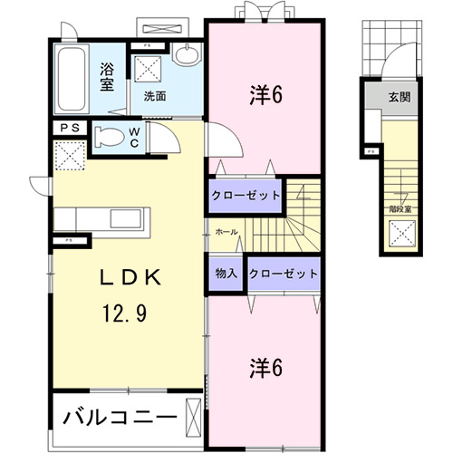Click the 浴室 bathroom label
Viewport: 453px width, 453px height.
(x=107, y=74)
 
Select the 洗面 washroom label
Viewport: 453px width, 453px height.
(x=153, y=95)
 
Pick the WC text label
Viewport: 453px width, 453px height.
(x=134, y=137)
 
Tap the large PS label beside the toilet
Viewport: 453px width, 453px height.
(x=70, y=130)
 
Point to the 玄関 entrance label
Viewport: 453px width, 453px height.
(x=399, y=97)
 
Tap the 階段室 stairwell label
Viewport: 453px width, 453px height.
(x=400, y=207)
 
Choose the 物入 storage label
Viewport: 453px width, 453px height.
(x=226, y=273)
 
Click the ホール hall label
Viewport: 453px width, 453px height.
(x=226, y=233)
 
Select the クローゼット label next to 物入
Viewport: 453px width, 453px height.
(x=283, y=273)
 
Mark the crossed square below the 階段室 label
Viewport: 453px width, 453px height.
(x=400, y=235)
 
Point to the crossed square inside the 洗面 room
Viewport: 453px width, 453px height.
(x=148, y=70)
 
